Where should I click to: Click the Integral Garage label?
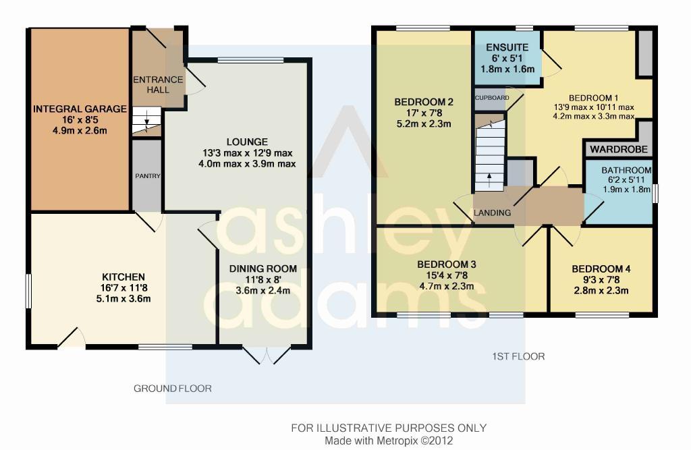[80, 109]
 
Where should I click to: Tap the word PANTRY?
[148, 176]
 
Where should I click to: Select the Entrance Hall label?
[158, 84]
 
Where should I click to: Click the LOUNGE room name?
[247, 142]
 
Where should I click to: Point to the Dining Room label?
[263, 269]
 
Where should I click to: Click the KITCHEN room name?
[123, 277]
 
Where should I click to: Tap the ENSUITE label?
[507, 48]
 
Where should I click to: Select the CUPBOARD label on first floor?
[492, 98]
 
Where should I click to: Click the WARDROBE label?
[619, 149]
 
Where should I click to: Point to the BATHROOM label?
[626, 170]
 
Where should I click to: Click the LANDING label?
[492, 213]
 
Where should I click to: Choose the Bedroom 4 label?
[601, 269]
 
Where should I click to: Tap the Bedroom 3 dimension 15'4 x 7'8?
[447, 275]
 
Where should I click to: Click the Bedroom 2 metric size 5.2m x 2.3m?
[424, 124]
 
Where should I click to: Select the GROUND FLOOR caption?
[173, 389]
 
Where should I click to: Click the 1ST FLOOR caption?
[518, 356]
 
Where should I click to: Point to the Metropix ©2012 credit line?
[389, 441]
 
